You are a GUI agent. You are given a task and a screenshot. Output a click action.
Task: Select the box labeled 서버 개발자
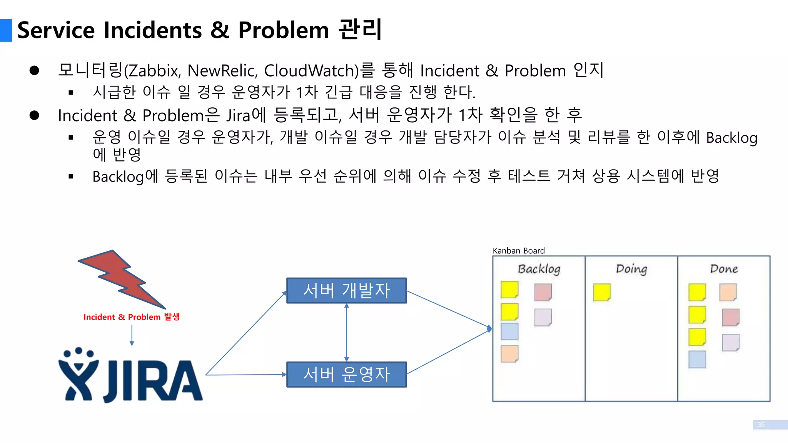click(346, 290)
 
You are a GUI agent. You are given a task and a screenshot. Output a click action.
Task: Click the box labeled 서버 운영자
click(346, 374)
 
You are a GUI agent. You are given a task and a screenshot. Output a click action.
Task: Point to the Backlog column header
click(539, 269)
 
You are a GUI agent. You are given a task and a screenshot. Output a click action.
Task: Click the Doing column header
click(631, 269)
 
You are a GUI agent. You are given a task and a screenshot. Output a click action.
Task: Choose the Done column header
click(724, 269)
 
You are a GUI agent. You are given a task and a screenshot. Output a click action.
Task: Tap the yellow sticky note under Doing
click(602, 292)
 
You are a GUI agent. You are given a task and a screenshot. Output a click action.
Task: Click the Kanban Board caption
click(519, 251)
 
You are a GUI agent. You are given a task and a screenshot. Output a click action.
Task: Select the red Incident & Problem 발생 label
click(131, 317)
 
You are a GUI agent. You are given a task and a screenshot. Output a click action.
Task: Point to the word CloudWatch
click(311, 71)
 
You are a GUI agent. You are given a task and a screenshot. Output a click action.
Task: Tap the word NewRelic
click(222, 71)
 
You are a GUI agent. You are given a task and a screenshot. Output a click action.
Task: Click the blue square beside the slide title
click(6, 30)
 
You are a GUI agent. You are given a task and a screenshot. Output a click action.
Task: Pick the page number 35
click(761, 425)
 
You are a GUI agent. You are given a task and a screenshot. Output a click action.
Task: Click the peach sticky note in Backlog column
click(509, 354)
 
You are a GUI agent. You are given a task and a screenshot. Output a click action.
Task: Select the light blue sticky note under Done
click(697, 360)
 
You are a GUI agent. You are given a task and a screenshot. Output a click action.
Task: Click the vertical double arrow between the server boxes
click(347, 332)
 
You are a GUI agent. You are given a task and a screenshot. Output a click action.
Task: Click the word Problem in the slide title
click(284, 30)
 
